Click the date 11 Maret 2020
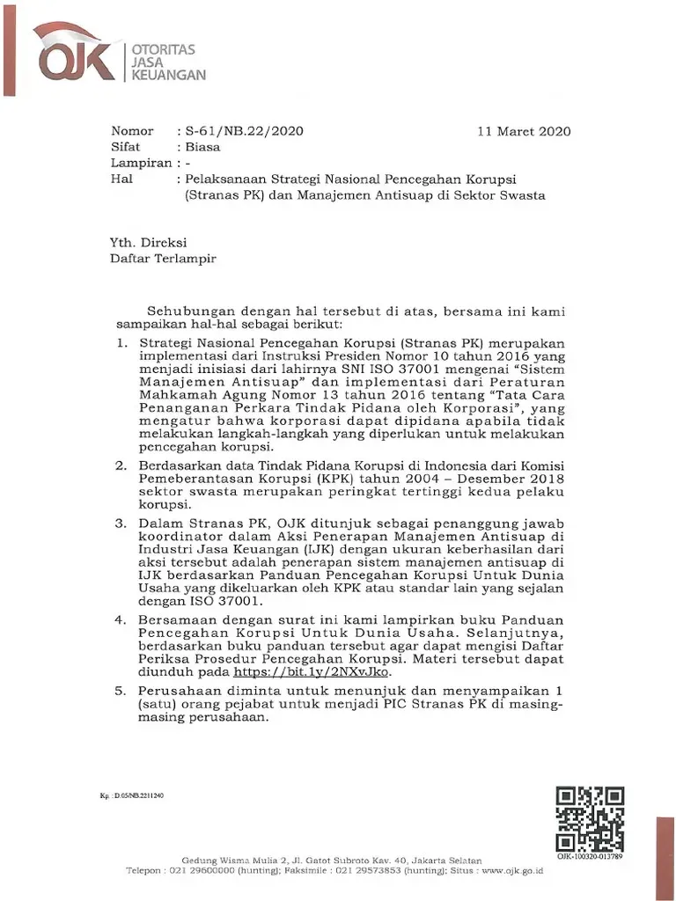[x=524, y=132]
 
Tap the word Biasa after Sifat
[x=202, y=148]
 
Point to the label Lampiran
[x=140, y=164]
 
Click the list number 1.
[x=122, y=341]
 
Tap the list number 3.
[x=122, y=523]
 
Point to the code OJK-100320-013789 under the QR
[x=590, y=856]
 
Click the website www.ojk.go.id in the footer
[x=506, y=871]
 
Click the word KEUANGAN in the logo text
[x=168, y=76]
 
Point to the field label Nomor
[x=132, y=132]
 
